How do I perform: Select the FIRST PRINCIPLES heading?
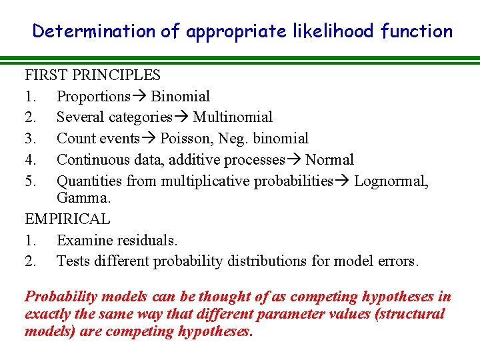pos(93,75)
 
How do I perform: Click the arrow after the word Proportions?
pos(139,97)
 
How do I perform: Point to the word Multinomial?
pos(233,117)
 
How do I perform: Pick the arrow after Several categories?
pos(182,117)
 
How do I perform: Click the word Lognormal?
pos(391,181)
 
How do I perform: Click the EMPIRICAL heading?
pos(67,219)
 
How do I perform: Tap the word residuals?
pos(150,240)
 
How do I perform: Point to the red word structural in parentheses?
pos(412,314)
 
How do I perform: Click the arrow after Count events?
pos(149,139)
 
